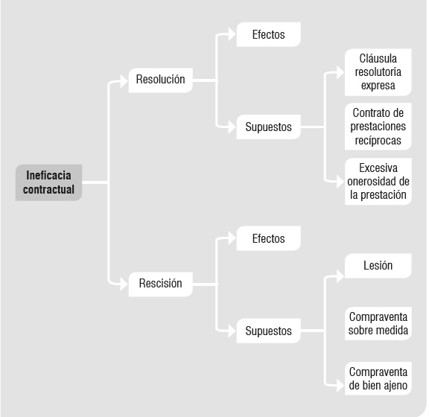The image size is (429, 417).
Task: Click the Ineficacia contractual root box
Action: [48, 182]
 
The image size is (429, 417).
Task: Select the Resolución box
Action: [161, 80]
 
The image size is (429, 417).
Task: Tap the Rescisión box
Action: [161, 284]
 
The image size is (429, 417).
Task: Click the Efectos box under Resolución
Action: [269, 34]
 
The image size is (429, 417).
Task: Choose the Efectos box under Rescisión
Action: [269, 238]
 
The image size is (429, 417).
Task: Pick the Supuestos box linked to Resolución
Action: [269, 127]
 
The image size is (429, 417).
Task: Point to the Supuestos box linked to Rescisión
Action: [269, 331]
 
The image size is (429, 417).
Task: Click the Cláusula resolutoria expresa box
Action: [378, 72]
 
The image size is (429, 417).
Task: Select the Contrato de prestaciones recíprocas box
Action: [378, 127]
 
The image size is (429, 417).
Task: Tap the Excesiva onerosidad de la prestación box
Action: [378, 182]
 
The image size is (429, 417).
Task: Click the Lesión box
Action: [378, 266]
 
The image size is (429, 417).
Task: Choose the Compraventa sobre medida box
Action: [378, 323]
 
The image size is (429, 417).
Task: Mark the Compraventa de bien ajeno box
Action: [378, 378]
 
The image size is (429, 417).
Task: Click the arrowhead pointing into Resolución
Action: [124, 81]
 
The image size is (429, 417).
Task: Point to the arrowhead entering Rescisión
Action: [124, 284]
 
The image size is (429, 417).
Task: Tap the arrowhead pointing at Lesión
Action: [340, 276]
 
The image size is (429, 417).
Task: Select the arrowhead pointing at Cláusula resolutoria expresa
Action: [340, 72]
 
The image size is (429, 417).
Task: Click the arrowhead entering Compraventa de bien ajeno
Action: [340, 386]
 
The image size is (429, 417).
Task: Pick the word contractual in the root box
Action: [48, 189]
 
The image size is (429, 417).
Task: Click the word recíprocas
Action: [378, 141]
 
